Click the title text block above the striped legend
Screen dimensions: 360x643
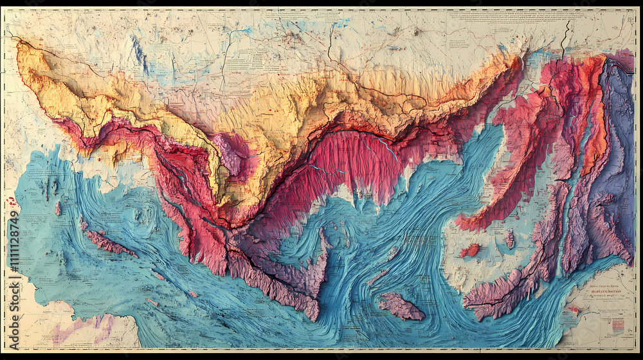click(x=608, y=293)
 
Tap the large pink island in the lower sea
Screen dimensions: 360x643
click(x=400, y=306)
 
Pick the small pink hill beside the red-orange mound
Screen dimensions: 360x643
click(x=509, y=239)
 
